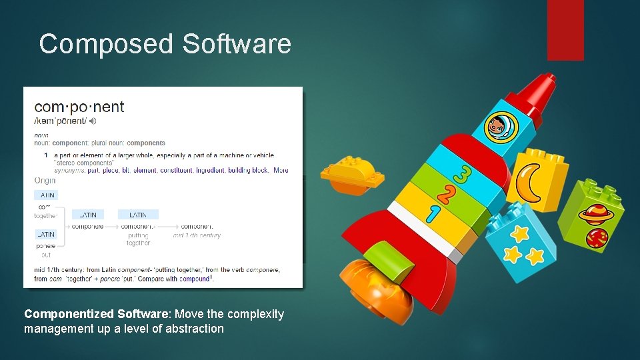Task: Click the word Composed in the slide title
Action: (106, 44)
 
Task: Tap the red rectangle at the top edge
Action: (565, 29)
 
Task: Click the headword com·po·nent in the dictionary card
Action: (79, 107)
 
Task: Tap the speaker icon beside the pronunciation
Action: (93, 121)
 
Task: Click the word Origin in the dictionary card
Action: (45, 181)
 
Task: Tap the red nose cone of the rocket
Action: (537, 93)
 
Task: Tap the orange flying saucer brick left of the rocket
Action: (351, 175)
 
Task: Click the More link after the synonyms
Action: (281, 170)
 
